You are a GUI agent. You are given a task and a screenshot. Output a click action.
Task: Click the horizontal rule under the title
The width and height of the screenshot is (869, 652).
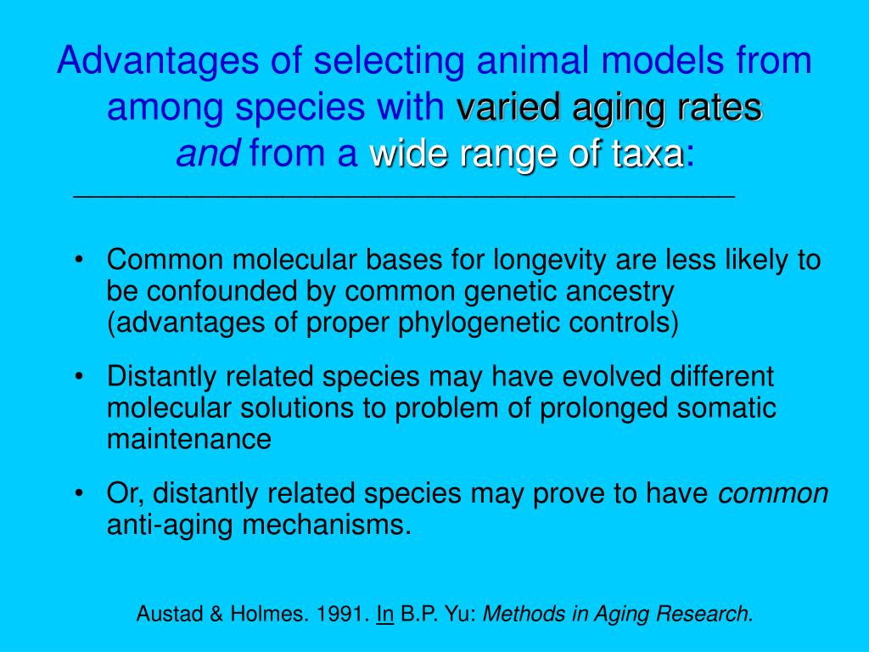pos(404,196)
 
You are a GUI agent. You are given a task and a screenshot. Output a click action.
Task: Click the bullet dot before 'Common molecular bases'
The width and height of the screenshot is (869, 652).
pos(80,260)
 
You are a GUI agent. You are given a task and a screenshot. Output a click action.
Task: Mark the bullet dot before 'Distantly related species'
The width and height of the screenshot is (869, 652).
pos(80,377)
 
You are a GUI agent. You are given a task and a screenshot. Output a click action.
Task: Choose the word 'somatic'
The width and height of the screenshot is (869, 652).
pos(726,408)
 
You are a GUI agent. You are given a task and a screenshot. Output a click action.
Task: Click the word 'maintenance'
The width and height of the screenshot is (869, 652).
pos(189,439)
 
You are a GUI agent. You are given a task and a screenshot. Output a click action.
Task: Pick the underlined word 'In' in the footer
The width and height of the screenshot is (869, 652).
pos(384,614)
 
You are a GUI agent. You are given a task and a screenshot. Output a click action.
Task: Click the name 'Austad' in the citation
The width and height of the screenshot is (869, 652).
pos(164,614)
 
